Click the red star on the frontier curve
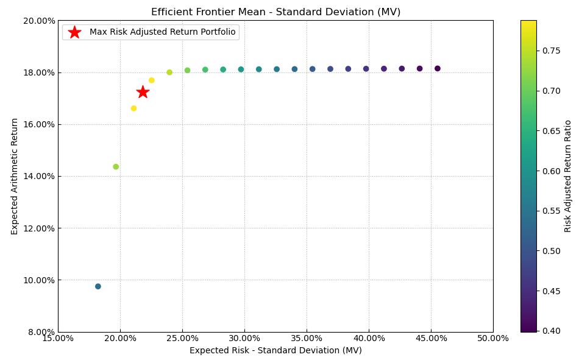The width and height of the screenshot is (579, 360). pos(143,92)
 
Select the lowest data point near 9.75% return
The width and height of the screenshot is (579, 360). pos(98,286)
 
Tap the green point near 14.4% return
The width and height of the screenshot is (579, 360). pos(116,167)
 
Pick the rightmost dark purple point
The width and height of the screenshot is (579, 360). pos(438,69)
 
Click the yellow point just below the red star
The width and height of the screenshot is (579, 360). pos(134,108)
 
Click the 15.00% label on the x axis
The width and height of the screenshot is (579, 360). pos(58,339)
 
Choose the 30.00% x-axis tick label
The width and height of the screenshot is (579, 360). pos(244,339)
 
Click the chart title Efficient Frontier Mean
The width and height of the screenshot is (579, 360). pos(275,12)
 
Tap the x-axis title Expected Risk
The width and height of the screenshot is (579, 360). pos(275,351)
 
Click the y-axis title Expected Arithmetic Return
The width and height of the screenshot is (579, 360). pos(15,176)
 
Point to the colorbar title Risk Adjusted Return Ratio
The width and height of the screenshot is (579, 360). pos(568,176)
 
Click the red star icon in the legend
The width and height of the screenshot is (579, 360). pos(74,32)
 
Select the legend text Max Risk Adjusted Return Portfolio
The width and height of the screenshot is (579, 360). pos(162,32)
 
